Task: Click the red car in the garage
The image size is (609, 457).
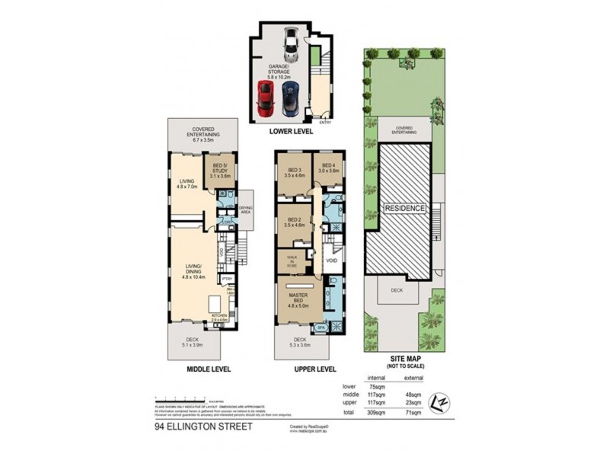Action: [265, 97]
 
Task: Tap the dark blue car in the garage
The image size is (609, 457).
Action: [289, 97]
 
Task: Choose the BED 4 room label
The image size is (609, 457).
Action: [329, 168]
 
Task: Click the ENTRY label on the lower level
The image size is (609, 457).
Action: [326, 121]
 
